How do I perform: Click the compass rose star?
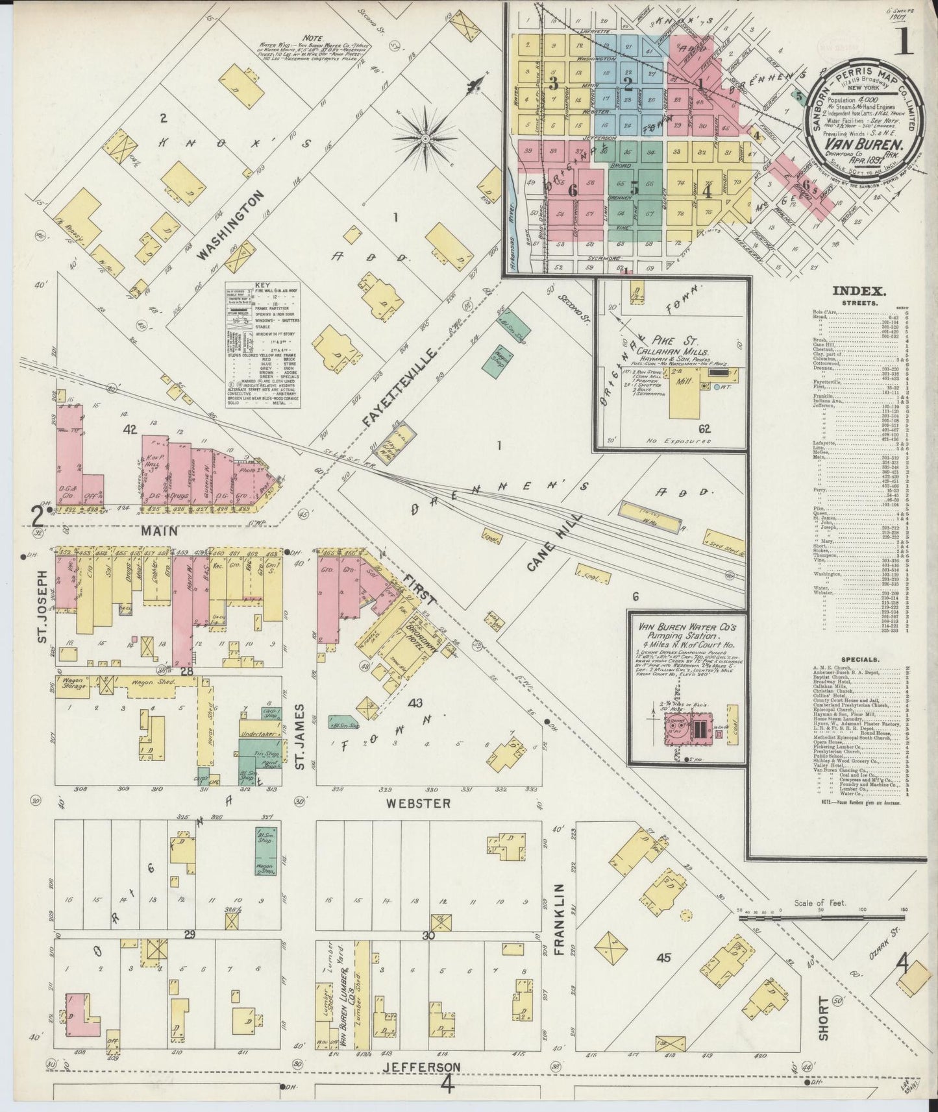(426, 138)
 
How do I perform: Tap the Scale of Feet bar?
(822, 917)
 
